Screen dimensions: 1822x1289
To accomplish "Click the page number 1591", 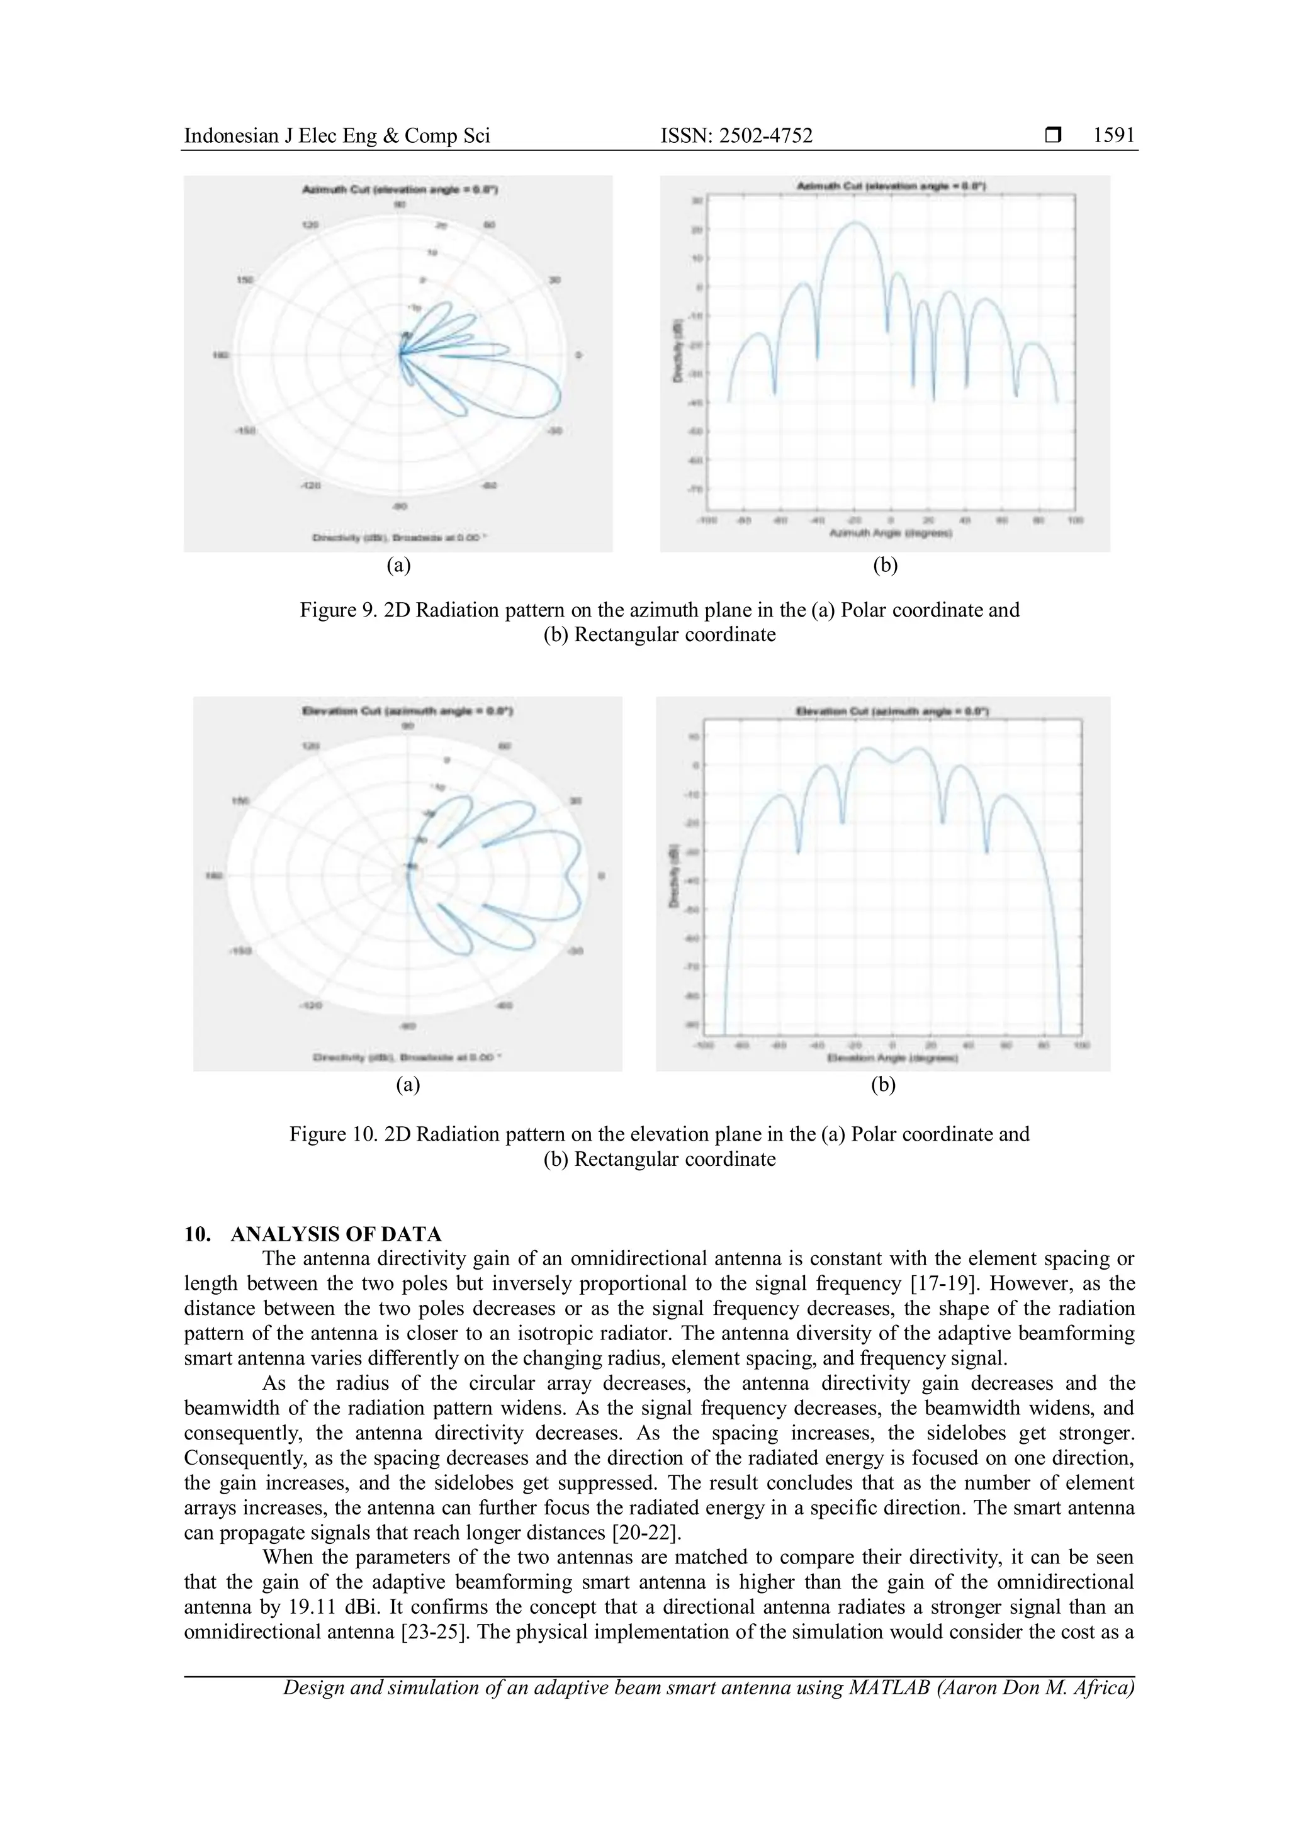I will point(1113,136).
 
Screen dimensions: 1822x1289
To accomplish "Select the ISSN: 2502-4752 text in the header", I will point(736,137).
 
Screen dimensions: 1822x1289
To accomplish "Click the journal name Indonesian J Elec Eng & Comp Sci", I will point(337,137).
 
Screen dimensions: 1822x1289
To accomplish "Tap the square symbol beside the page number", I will point(1053,137).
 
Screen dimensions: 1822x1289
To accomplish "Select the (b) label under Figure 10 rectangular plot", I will point(882,1085).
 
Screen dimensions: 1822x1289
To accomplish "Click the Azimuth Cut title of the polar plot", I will point(400,189).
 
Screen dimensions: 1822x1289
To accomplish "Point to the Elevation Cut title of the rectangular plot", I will point(891,711).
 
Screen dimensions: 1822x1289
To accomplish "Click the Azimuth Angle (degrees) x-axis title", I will point(891,534).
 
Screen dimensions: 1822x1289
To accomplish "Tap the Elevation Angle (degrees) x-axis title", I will point(892,1059).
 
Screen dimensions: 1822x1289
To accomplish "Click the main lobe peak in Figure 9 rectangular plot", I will point(855,222).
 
